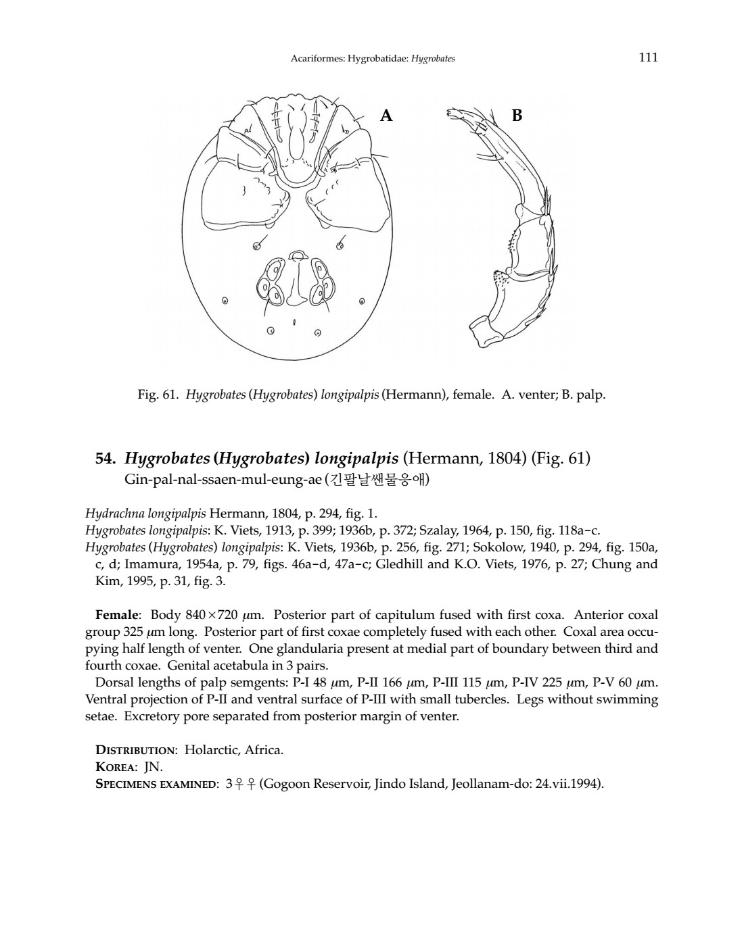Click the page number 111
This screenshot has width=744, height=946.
(x=647, y=57)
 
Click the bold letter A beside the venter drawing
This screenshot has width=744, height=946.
(x=386, y=116)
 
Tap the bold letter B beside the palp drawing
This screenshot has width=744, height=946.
(x=517, y=116)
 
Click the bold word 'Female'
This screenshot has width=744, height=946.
(x=118, y=615)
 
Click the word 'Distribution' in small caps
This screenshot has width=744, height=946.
(x=135, y=749)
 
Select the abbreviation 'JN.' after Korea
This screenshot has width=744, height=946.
(x=154, y=767)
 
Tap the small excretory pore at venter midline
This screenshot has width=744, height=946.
(x=294, y=322)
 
